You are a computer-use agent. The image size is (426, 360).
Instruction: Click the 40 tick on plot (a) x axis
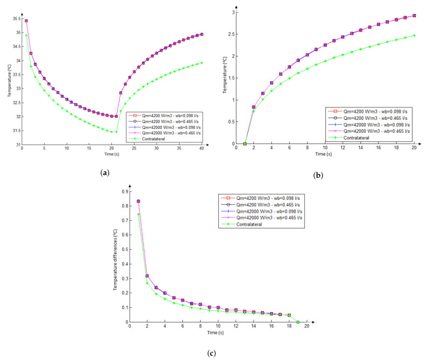coord(201,149)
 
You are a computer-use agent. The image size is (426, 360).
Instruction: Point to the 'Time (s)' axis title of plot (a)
coord(111,154)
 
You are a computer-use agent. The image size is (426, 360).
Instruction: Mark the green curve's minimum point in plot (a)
coord(116,132)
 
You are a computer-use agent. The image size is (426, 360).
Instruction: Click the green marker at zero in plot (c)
coord(298,322)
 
